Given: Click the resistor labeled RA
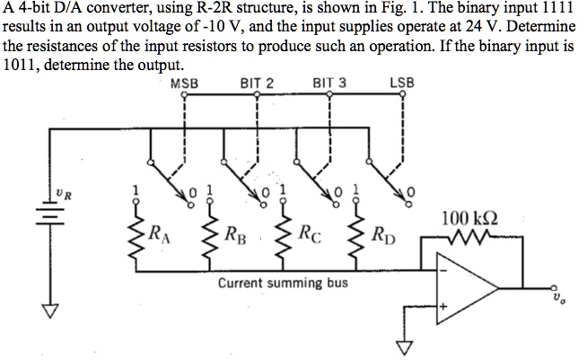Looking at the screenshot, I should pos(137,235).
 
